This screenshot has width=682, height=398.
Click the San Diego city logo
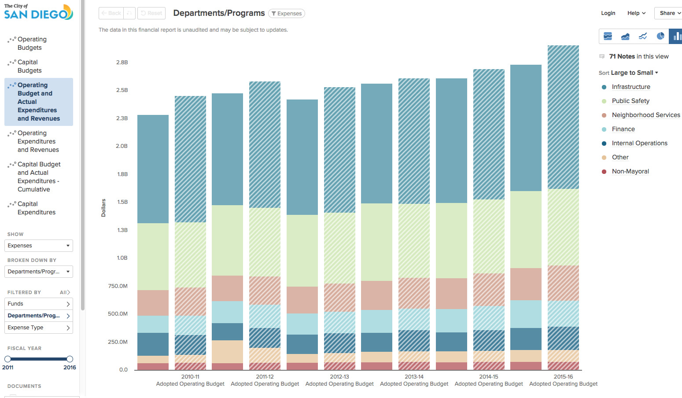click(x=38, y=12)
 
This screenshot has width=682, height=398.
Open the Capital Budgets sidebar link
click(x=29, y=66)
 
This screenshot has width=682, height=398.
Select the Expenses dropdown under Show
click(x=39, y=246)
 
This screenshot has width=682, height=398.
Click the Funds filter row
click(x=39, y=304)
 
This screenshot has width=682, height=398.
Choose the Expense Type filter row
click(x=39, y=328)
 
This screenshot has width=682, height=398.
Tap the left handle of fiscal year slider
click(x=7, y=359)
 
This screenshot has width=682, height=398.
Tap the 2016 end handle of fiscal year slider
click(x=70, y=359)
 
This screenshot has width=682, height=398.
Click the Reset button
click(x=151, y=13)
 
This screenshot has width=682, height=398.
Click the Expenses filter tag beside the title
click(x=287, y=14)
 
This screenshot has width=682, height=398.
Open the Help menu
click(x=636, y=13)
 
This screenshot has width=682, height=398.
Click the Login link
click(x=608, y=13)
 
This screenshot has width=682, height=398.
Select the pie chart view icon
click(x=660, y=36)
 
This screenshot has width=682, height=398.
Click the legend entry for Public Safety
click(x=630, y=101)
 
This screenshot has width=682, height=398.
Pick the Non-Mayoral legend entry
click(x=630, y=171)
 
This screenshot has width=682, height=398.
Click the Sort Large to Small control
click(x=628, y=73)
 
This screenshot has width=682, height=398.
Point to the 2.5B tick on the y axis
click(x=122, y=90)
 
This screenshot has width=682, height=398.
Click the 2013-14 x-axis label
click(x=414, y=377)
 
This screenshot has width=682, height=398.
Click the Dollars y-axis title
click(x=103, y=208)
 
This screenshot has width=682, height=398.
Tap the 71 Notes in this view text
click(x=638, y=56)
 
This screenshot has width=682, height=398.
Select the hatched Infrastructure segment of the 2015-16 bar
click(x=563, y=117)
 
